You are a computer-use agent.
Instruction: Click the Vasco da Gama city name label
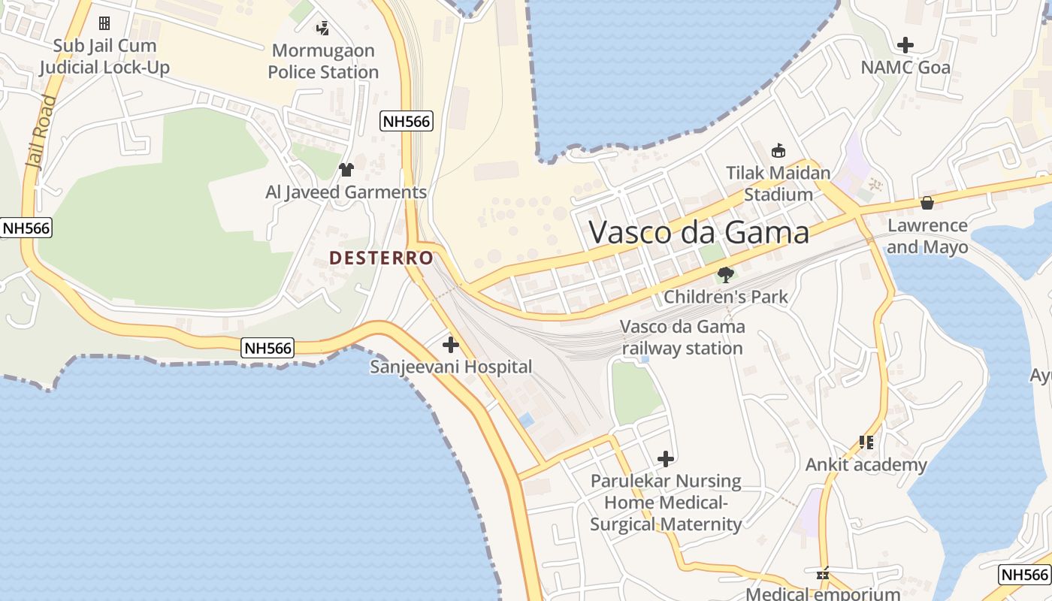[699, 232]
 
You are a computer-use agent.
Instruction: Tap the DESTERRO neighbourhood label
[382, 258]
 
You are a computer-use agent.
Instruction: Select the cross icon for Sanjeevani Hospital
[451, 345]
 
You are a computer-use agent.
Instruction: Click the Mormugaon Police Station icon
[322, 29]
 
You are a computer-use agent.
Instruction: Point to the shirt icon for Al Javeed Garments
[346, 170]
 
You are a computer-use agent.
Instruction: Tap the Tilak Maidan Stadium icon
[778, 151]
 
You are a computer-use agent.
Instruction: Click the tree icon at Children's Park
[725, 274]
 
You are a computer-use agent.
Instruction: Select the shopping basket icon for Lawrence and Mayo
[927, 203]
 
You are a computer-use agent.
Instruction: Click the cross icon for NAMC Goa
[905, 45]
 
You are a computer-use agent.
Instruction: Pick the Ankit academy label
[866, 465]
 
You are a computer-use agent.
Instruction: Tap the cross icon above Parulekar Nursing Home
[666, 458]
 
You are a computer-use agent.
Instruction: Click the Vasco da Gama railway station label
[682, 337]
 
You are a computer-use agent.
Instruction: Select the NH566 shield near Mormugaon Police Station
[407, 121]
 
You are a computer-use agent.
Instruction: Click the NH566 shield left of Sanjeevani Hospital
[268, 348]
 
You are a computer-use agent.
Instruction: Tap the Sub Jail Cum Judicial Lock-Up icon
[104, 23]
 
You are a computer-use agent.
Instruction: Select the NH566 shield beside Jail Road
[26, 228]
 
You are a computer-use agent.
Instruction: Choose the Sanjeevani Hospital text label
[451, 367]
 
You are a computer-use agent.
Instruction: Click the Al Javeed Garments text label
[346, 192]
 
